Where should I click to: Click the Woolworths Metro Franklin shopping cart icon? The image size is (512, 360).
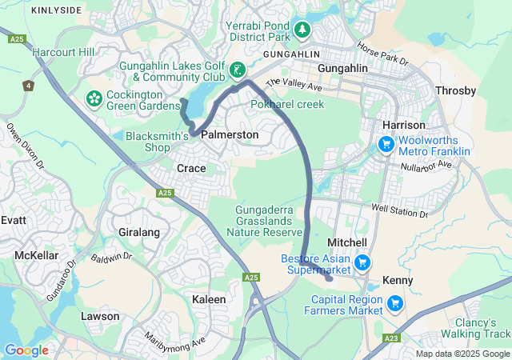(386, 144)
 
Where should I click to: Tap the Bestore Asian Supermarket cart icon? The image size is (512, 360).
(362, 262)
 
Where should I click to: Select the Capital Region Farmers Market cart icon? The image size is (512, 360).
(394, 303)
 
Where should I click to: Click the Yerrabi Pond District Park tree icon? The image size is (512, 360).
(302, 30)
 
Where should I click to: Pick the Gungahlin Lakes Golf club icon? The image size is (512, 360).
(237, 70)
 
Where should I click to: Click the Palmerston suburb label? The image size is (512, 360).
(230, 135)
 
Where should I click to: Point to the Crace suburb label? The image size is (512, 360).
(191, 168)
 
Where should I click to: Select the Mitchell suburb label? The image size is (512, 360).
(347, 242)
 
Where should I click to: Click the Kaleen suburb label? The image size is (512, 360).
(209, 299)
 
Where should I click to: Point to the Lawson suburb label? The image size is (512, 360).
(100, 316)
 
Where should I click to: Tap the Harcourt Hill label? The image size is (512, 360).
(63, 53)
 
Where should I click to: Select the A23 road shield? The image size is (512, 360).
(390, 338)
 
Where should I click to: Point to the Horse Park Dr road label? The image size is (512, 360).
(382, 54)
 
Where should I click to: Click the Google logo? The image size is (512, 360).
(26, 350)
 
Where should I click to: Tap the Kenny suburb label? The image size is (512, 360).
(398, 281)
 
